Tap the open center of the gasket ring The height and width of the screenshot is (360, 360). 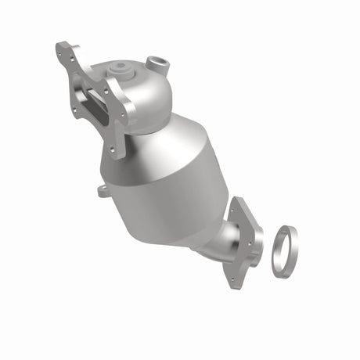point(283,250)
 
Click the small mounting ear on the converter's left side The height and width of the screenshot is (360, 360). point(103,190)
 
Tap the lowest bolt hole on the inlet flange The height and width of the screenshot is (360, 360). point(116,150)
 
